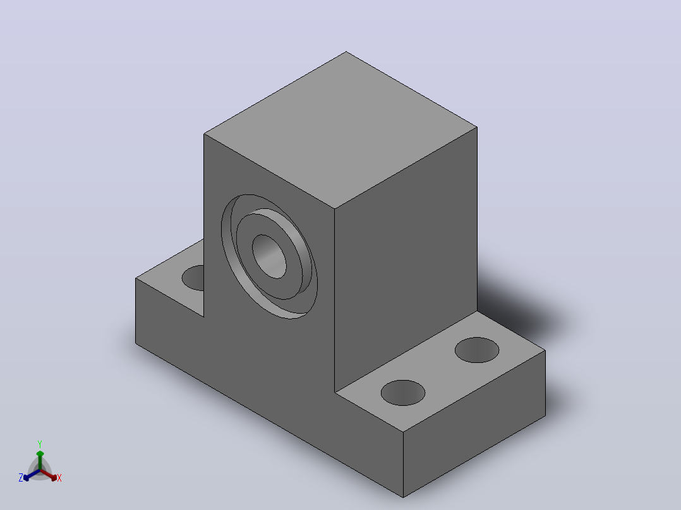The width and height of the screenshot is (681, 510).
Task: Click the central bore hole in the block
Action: click(269, 256)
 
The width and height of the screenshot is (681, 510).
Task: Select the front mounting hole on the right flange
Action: click(403, 393)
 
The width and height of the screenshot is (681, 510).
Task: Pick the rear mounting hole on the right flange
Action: click(477, 350)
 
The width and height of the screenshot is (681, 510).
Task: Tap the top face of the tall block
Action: click(340, 130)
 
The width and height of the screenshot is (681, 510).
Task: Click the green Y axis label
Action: click(40, 444)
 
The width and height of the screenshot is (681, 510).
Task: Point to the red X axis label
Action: click(59, 478)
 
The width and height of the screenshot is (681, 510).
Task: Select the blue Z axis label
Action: click(21, 478)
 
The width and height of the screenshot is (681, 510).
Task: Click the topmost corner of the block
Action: click(346, 52)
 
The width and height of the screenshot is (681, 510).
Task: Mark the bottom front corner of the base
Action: click(403, 497)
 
